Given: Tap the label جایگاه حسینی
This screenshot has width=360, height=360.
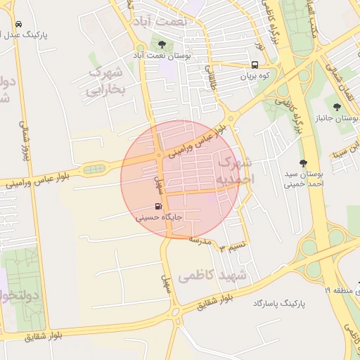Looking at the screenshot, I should pyautogui.click(x=159, y=218).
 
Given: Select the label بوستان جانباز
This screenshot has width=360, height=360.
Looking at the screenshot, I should pyautogui.click(x=336, y=118).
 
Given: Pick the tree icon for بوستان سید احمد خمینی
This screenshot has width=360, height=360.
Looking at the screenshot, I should pyautogui.click(x=303, y=162).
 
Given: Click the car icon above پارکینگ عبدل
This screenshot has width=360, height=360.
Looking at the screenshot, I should pyautogui.click(x=18, y=22).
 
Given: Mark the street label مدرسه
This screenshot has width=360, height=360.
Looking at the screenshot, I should pyautogui.click(x=200, y=240).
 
